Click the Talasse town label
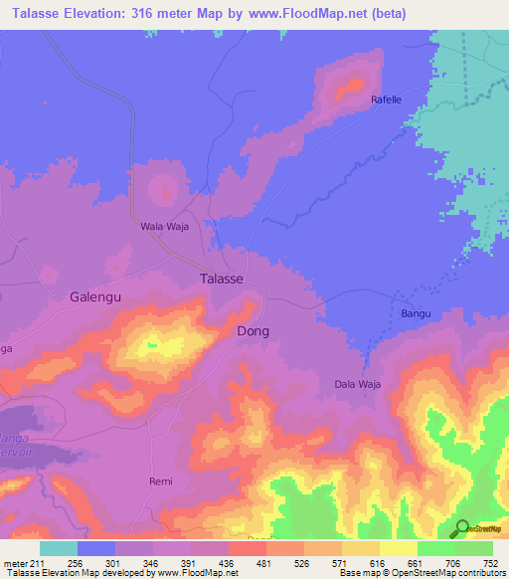pos(222,280)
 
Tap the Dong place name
pos(253,331)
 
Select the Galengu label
pos(96,296)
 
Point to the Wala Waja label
pos(164,227)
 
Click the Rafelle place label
pos(387,99)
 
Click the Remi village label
pos(160,482)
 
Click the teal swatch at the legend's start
pos(58,548)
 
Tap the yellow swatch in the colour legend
pos(398,548)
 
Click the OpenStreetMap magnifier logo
pos(461,529)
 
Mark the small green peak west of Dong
pos(152,345)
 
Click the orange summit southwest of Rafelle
pos(349,88)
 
